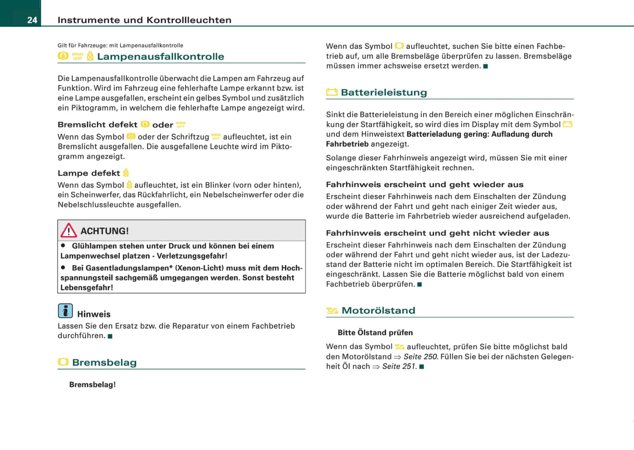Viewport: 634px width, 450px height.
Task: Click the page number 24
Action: [32, 20]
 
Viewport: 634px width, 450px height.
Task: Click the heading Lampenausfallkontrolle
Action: [161, 57]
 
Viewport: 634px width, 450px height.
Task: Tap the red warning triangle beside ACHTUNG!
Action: [69, 230]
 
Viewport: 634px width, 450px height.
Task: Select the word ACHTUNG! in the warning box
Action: [104, 231]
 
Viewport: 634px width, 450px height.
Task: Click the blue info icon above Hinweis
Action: [65, 311]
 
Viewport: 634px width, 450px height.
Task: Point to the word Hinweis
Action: [94, 314]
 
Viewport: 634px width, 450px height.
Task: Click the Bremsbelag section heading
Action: [104, 362]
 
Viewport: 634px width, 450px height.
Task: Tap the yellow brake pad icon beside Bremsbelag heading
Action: [63, 362]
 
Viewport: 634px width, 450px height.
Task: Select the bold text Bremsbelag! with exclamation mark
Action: [93, 385]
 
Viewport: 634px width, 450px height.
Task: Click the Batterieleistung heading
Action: [384, 93]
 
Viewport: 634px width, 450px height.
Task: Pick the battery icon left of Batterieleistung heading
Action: [332, 92]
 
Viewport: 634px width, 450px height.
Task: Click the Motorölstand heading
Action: [378, 311]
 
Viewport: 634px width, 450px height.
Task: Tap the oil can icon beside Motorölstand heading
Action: [332, 311]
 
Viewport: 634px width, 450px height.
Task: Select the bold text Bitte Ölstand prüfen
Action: [375, 332]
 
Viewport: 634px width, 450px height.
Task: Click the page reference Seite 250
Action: [420, 357]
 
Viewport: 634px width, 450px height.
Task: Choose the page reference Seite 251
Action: [398, 366]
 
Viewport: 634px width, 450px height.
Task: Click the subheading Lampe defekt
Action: [89, 173]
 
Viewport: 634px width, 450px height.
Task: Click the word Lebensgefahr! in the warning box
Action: [87, 288]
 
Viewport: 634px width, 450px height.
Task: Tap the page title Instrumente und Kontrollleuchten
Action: [144, 20]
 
